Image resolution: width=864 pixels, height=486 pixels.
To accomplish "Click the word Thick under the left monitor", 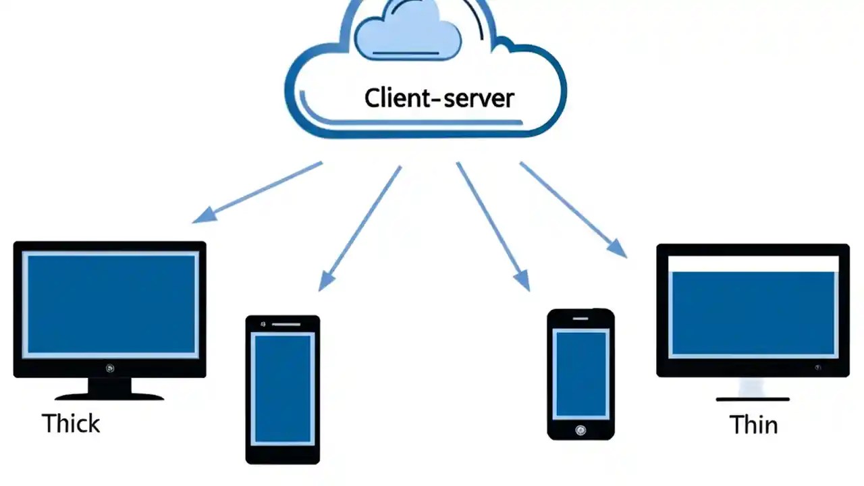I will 71,424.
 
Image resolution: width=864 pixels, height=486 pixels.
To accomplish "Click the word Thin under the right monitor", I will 753,425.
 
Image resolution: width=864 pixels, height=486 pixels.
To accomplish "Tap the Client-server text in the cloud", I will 439,99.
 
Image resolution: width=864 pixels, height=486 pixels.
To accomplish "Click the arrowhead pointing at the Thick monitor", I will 202,215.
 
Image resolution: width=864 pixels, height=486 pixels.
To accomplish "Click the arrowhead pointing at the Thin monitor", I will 618,248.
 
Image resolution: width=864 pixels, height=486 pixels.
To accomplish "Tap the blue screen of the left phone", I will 283,388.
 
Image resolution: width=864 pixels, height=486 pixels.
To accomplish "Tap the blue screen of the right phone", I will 580,373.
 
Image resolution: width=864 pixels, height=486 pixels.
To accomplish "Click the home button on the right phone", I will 580,429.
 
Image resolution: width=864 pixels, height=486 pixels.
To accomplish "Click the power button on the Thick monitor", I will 110,368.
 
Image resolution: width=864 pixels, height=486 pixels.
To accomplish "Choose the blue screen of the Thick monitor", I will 110,304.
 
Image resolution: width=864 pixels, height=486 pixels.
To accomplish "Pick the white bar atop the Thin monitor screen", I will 753,263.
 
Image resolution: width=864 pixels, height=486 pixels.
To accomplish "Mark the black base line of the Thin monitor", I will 753,400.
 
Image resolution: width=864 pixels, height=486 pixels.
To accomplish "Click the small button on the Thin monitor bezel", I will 817,368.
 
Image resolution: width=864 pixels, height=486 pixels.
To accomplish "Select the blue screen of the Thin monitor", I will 753,313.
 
